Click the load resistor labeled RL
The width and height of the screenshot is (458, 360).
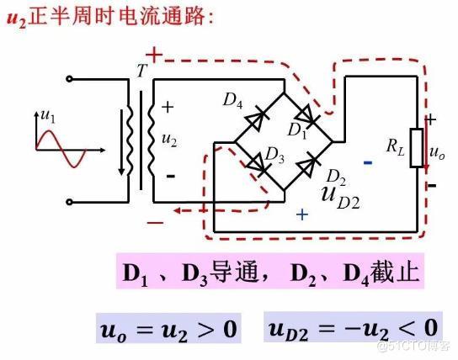[x=416, y=149]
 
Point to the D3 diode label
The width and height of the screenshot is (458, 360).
[x=274, y=154]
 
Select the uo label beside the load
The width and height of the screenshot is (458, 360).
[x=438, y=154]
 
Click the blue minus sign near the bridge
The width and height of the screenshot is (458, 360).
[x=367, y=161]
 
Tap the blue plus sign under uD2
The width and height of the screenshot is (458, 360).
[x=303, y=214]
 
